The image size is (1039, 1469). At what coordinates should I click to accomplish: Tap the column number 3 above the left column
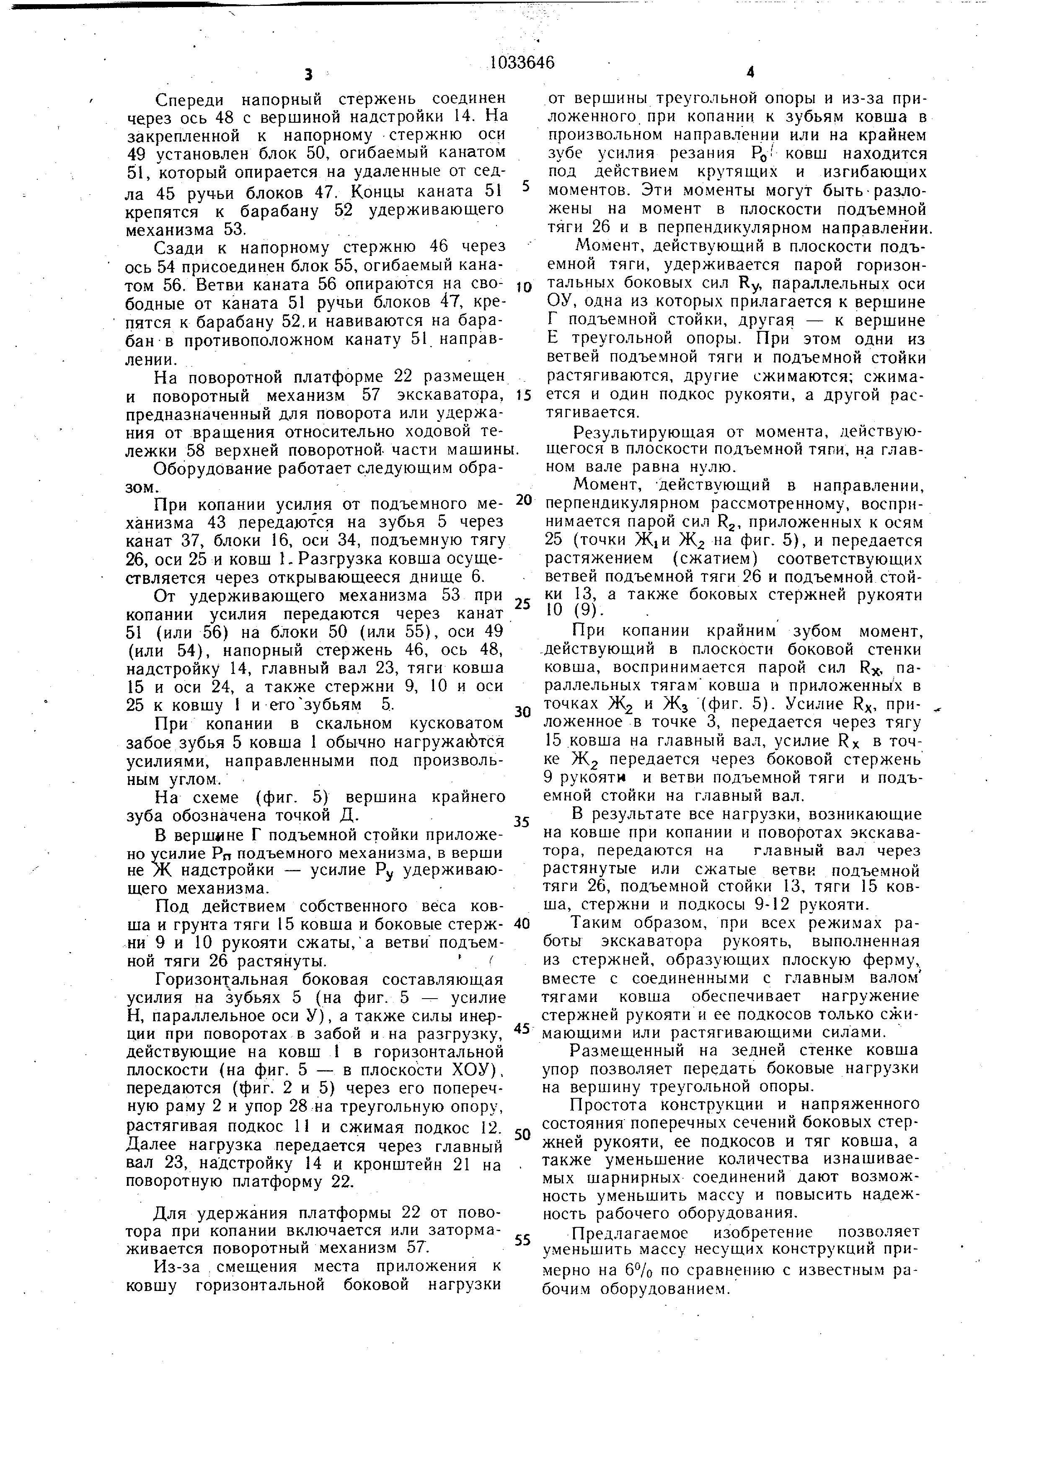tap(308, 75)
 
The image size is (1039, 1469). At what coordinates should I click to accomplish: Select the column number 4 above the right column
tap(750, 73)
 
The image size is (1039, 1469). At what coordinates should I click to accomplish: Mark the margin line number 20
tap(523, 500)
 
